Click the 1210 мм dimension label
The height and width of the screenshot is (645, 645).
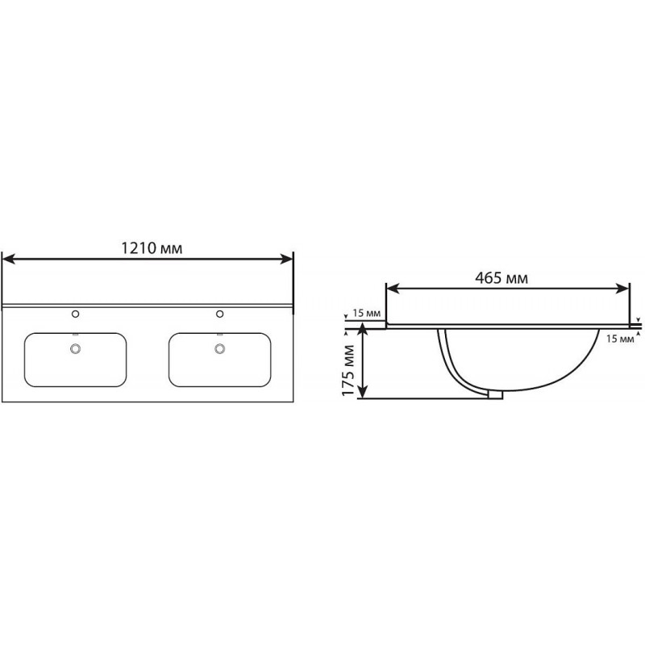point(152,248)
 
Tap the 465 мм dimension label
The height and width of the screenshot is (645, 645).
point(501,278)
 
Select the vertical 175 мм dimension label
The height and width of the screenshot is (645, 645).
point(348,371)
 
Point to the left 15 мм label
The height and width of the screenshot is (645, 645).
point(366,313)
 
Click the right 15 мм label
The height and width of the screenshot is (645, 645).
point(620,339)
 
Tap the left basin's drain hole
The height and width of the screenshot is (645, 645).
point(75,348)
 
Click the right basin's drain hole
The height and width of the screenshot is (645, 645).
point(219,348)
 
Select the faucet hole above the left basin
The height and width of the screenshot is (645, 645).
point(75,314)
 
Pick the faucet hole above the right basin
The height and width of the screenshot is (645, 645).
point(219,314)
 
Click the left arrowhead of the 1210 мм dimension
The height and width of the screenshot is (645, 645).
point(9,259)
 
